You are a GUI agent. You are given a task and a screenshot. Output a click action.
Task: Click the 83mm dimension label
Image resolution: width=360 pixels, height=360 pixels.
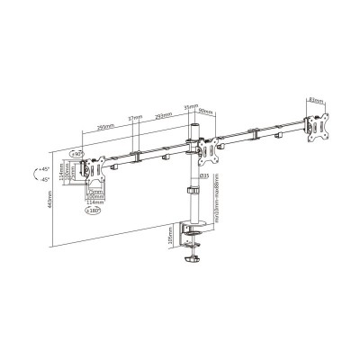click(x=316, y=100)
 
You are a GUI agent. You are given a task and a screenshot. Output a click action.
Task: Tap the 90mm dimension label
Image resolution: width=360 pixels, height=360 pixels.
click(x=206, y=112)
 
